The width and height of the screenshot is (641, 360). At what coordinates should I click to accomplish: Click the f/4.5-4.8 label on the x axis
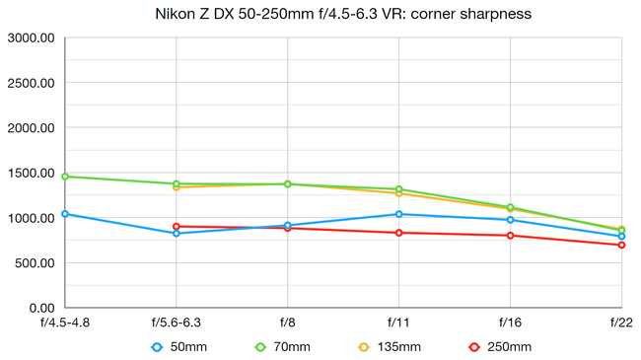click(x=65, y=323)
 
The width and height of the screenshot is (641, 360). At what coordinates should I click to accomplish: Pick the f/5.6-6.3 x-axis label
click(x=177, y=323)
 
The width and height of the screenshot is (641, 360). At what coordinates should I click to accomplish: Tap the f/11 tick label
click(x=398, y=323)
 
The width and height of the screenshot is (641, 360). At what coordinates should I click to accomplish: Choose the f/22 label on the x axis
click(x=621, y=323)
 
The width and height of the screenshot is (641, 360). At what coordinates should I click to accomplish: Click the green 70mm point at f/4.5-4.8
click(x=65, y=177)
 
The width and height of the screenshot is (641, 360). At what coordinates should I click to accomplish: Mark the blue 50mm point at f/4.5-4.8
click(x=65, y=214)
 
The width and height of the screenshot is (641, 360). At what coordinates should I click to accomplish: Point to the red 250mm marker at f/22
click(x=621, y=245)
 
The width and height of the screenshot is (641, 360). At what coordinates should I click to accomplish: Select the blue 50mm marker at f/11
click(x=398, y=214)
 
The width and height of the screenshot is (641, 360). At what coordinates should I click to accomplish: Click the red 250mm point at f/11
click(x=398, y=233)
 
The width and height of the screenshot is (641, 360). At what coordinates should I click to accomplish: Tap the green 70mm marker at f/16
click(x=510, y=207)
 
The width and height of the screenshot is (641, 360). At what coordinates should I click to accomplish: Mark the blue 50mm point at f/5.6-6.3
click(x=177, y=233)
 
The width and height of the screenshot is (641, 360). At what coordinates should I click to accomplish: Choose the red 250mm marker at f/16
click(x=510, y=236)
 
